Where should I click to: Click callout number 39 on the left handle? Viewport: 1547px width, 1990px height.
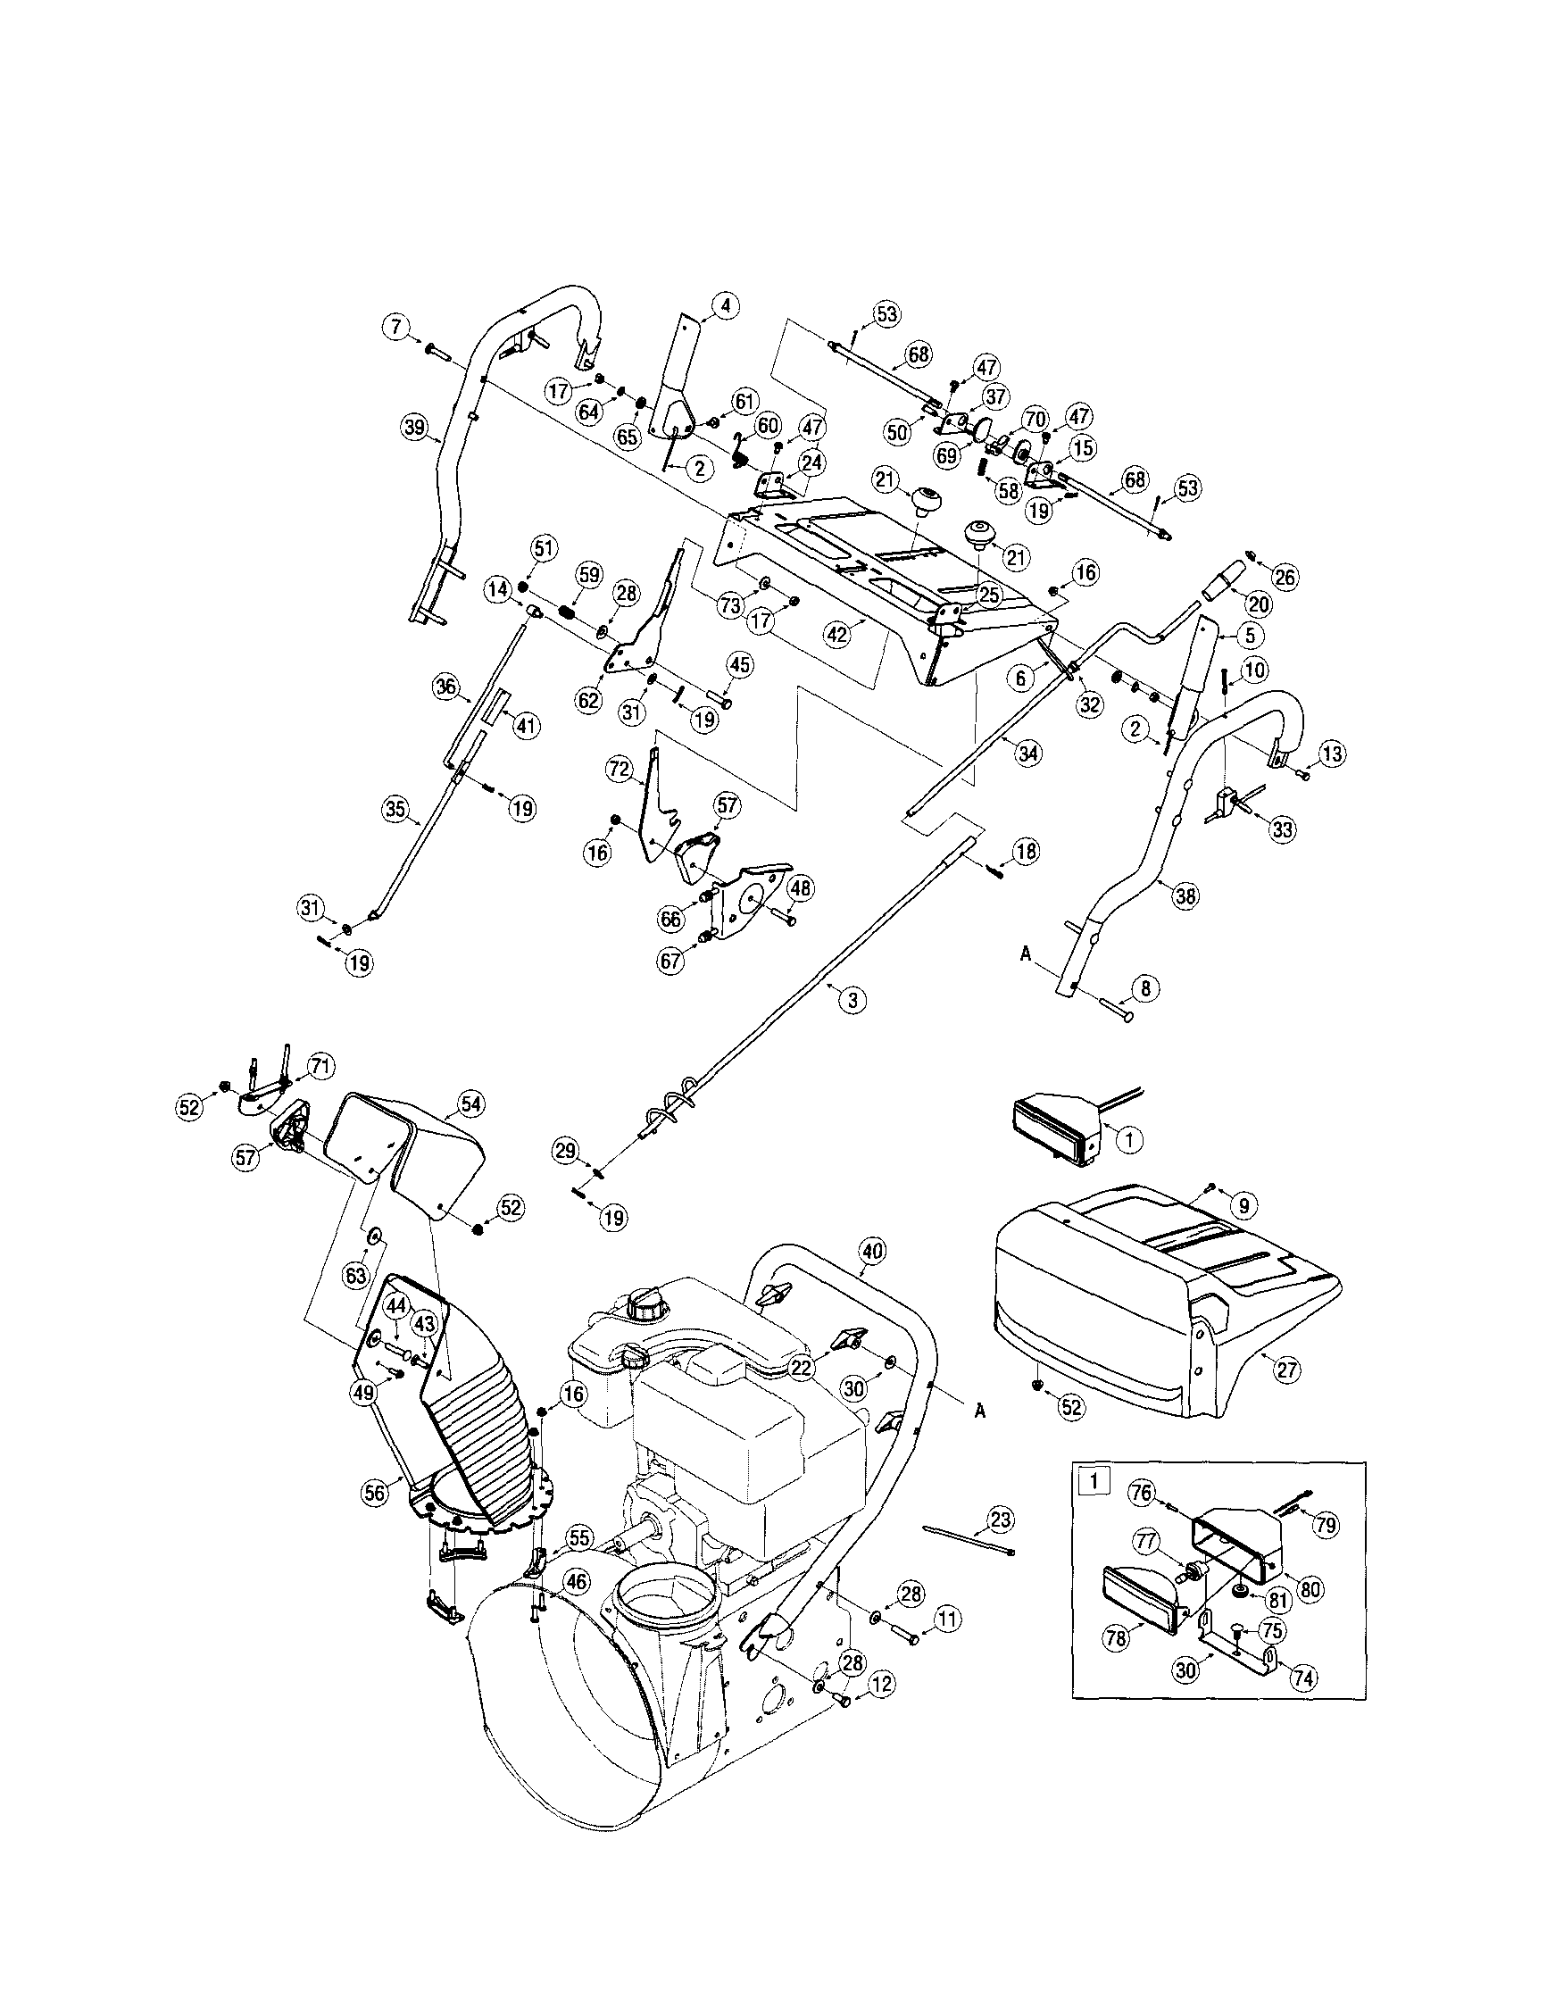(415, 428)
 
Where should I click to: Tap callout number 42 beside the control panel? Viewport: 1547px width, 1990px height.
(839, 634)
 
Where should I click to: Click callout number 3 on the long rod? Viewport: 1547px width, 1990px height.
(852, 1000)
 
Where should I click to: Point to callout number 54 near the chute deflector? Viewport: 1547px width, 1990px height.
(470, 1104)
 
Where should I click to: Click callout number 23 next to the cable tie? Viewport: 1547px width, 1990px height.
(1001, 1520)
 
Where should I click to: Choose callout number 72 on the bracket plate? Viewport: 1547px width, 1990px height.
(620, 770)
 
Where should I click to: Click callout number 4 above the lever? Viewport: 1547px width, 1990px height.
(725, 306)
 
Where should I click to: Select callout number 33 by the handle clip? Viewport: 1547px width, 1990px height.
(1283, 829)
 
